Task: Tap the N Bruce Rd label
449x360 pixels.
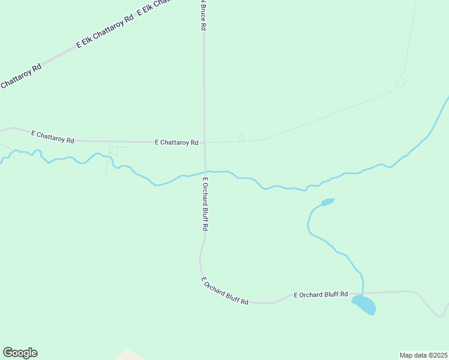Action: coord(203,16)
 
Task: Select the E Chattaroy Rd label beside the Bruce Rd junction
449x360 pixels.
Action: coord(176,143)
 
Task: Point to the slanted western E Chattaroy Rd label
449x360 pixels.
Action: coord(53,137)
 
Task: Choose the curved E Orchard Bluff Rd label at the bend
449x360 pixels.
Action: coord(224,291)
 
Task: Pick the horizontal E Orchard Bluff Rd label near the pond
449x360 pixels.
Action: coord(321,295)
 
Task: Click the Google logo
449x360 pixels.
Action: coord(20,353)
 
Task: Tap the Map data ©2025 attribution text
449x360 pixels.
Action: coord(423,355)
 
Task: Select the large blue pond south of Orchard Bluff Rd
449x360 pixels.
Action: coord(365,305)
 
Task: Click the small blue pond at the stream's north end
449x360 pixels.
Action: coord(327,202)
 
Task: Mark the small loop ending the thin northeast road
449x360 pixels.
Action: coord(400,83)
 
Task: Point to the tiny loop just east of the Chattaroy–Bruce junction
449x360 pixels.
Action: coord(241,137)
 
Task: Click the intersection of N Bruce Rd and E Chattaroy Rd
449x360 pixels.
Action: coord(204,143)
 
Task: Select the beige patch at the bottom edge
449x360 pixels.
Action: coord(128,355)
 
